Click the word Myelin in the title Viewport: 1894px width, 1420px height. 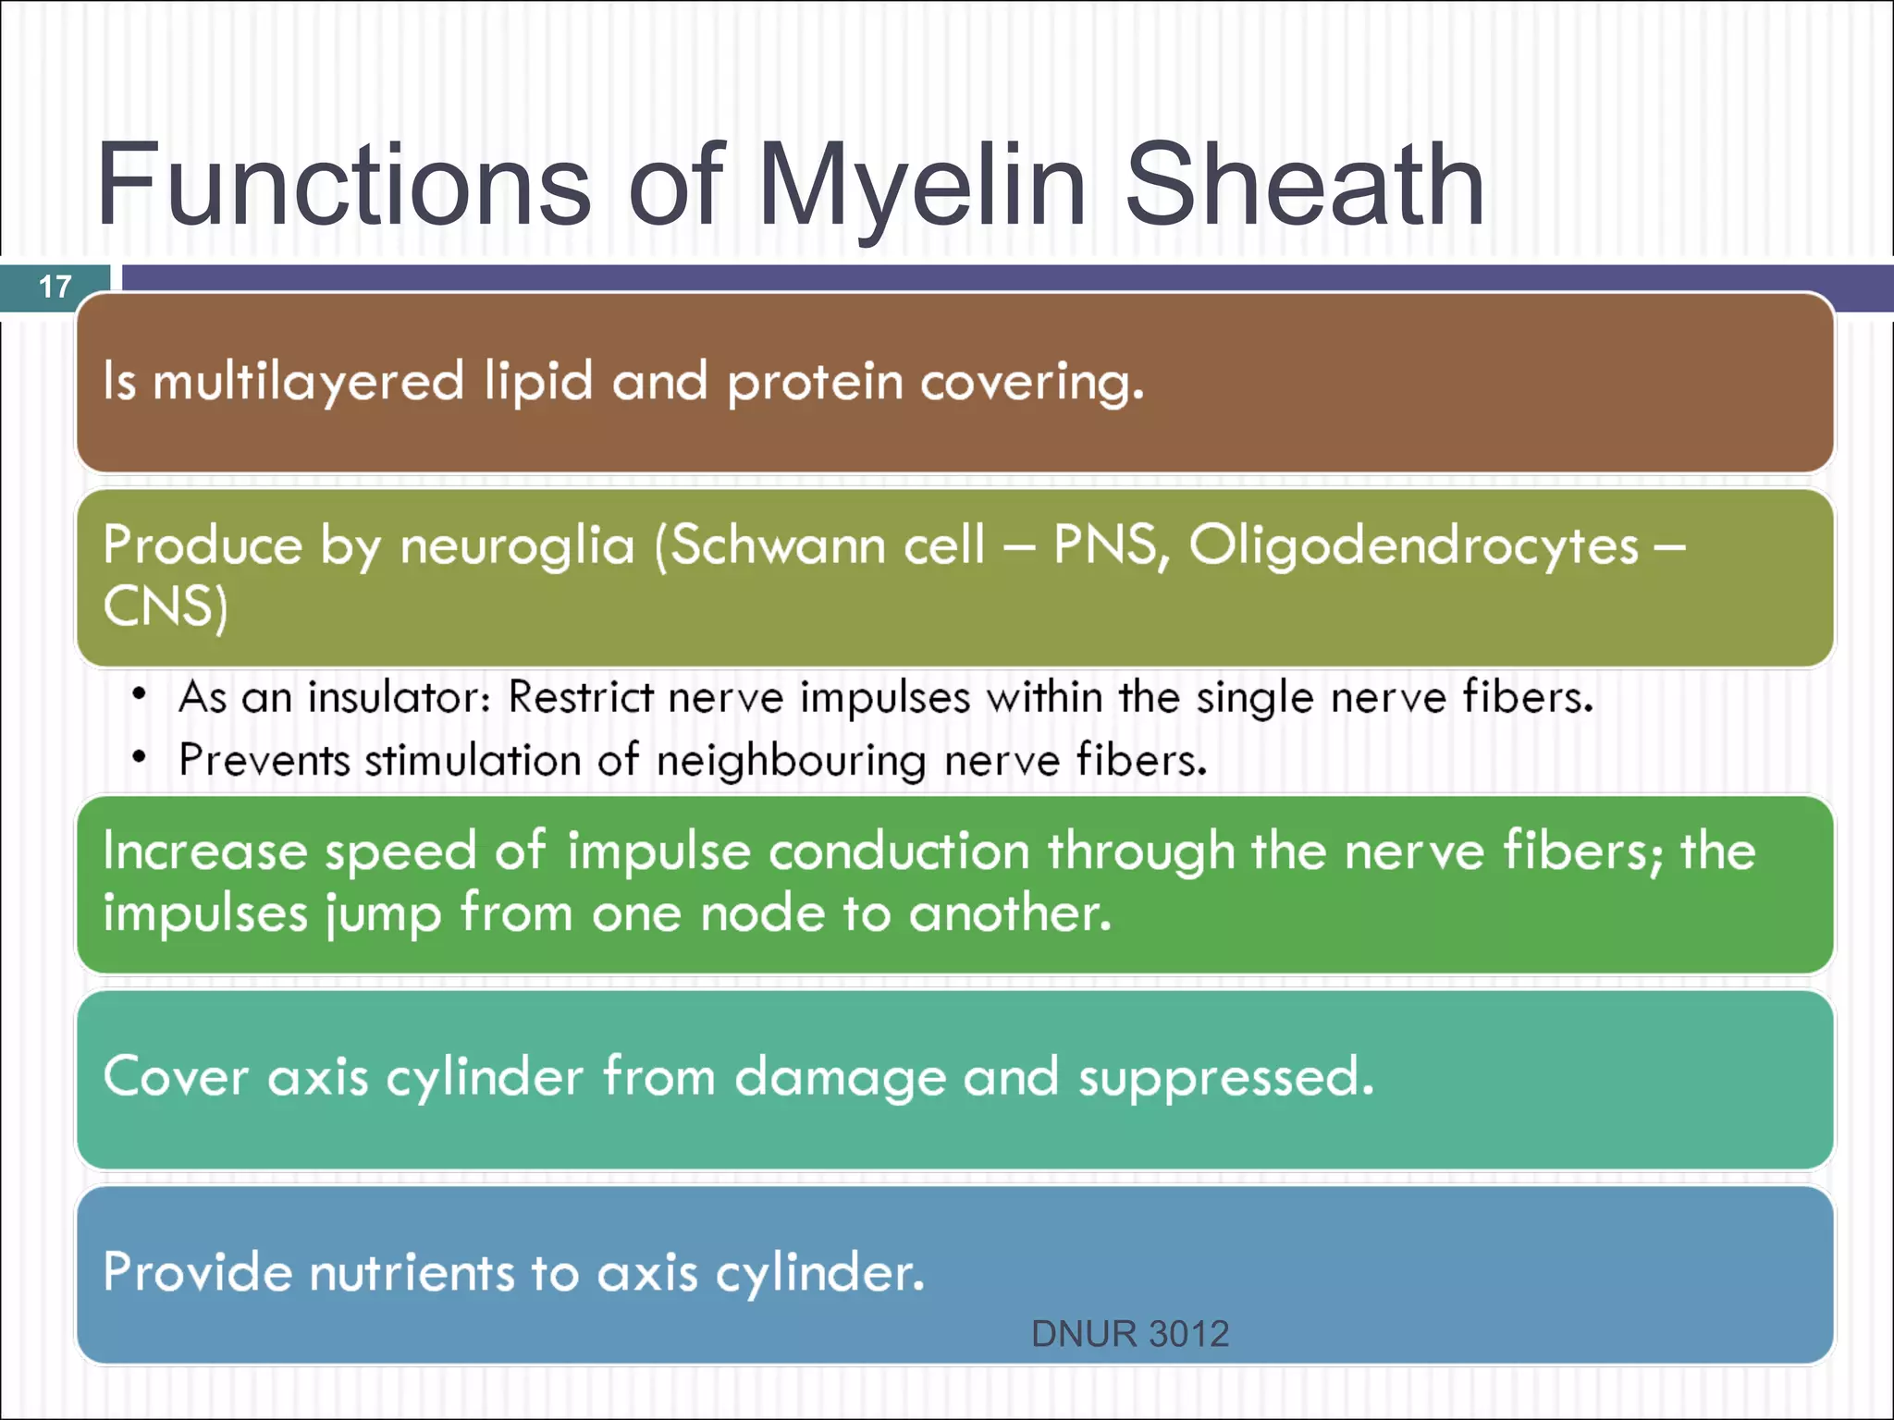(921, 185)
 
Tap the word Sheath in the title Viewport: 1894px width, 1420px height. (1304, 185)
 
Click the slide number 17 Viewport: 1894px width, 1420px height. (55, 287)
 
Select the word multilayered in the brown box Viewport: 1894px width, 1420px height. (308, 382)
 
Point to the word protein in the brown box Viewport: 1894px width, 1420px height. (815, 382)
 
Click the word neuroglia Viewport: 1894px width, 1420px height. (517, 545)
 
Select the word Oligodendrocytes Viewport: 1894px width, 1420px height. (1413, 545)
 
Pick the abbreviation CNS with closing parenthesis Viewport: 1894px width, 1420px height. (165, 608)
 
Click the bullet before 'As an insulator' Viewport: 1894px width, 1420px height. (139, 694)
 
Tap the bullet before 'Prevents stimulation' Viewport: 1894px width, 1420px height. (139, 758)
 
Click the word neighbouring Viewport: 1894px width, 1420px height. (791, 761)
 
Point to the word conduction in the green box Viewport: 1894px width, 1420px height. (899, 851)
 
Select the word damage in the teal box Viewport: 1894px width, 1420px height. (840, 1078)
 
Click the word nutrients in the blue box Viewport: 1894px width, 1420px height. (411, 1273)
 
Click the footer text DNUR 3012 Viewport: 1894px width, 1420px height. (1130, 1334)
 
